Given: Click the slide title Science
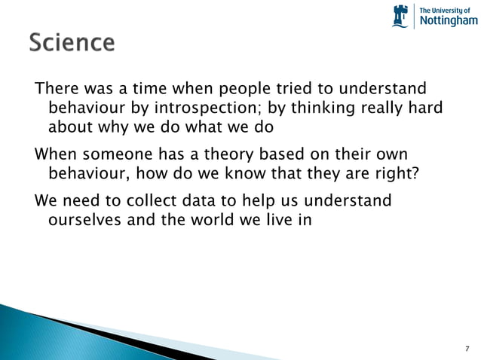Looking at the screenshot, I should point(72,43).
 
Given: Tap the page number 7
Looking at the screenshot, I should point(467,348).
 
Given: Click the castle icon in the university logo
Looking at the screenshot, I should point(400,15).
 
